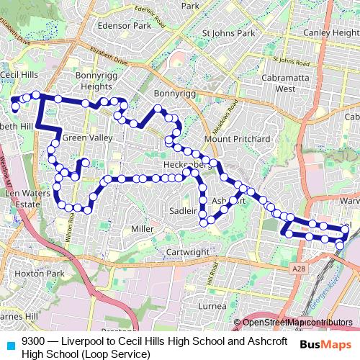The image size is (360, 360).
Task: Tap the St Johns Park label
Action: (229, 33)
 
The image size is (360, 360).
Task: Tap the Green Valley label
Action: (88, 138)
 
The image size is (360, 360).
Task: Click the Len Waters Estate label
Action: (23, 199)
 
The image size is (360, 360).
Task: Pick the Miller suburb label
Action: (143, 229)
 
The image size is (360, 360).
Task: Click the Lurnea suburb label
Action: (212, 305)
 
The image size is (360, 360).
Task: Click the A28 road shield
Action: (300, 268)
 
